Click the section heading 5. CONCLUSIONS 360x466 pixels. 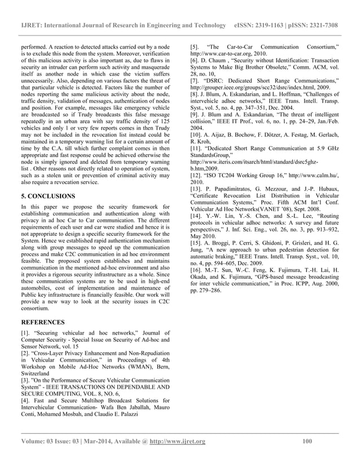(x=55, y=196)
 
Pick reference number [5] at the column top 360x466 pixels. (x=195, y=45)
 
